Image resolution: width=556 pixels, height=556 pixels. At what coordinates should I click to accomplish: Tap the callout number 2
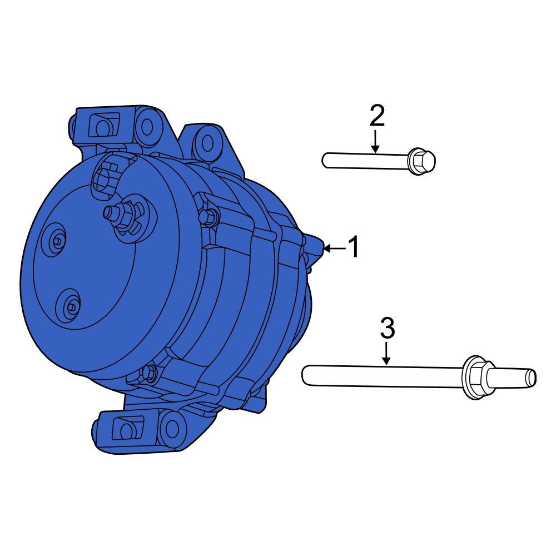376,116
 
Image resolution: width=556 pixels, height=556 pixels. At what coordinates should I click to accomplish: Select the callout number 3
387,328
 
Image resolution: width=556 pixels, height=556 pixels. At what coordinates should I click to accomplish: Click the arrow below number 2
376,141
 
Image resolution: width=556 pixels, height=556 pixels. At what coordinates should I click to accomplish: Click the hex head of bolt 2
421,161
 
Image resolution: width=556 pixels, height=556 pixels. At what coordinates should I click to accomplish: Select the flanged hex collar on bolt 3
474,376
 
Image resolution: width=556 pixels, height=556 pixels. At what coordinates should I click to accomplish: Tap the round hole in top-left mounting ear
147,127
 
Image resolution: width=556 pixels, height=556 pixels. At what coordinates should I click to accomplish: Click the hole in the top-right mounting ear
207,142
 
